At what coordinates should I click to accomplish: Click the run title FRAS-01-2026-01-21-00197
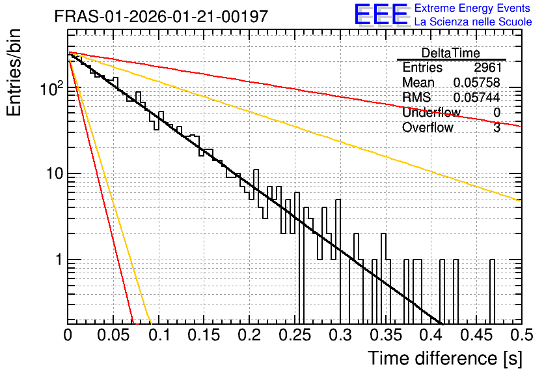click(x=161, y=16)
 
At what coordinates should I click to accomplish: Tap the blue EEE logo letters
click(x=381, y=15)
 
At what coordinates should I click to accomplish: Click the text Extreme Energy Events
click(x=472, y=8)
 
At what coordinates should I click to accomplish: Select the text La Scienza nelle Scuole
click(x=473, y=22)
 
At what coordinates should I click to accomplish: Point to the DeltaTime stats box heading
click(x=451, y=53)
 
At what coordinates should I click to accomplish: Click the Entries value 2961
click(x=488, y=67)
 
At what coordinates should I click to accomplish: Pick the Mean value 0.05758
click(x=477, y=82)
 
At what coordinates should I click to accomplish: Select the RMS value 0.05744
click(x=477, y=97)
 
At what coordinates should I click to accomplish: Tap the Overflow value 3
click(x=497, y=127)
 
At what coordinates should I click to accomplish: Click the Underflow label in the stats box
click(x=431, y=112)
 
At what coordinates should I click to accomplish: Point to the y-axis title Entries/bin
click(x=14, y=73)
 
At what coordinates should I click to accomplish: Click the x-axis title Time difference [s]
click(x=445, y=358)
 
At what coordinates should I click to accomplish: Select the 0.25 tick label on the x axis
click(x=295, y=335)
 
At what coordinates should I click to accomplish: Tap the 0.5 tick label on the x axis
click(x=521, y=335)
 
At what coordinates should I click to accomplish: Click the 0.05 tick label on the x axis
click(x=113, y=335)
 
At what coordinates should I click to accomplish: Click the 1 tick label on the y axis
click(x=60, y=260)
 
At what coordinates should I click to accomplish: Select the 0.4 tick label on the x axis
click(x=431, y=335)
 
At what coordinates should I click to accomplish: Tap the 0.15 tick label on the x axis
click(x=204, y=335)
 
